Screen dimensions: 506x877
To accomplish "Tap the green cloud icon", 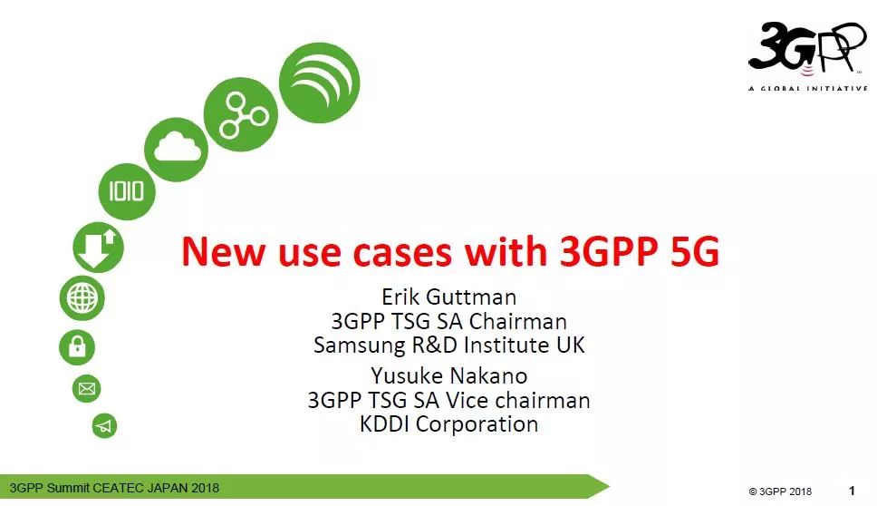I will coord(182,148).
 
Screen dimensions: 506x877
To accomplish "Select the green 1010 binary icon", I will coord(127,190).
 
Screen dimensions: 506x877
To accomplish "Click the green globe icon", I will coord(82,297).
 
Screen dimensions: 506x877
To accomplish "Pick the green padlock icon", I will coord(77,345).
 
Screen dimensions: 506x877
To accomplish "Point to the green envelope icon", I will coord(87,389).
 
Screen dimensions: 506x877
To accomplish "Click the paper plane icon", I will coord(105,425).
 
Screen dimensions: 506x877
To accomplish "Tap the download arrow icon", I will coord(98,248).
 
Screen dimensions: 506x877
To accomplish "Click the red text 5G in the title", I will coord(694,251).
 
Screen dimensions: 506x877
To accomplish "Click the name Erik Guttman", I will coord(449,297).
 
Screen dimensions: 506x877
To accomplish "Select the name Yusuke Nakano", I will coord(449,375).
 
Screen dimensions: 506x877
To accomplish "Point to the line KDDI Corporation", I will coord(449,423).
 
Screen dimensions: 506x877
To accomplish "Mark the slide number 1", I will coord(852,491).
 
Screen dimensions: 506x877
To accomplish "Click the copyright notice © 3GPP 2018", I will coord(780,491).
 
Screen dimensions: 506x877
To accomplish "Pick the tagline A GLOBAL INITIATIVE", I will coord(807,88).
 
